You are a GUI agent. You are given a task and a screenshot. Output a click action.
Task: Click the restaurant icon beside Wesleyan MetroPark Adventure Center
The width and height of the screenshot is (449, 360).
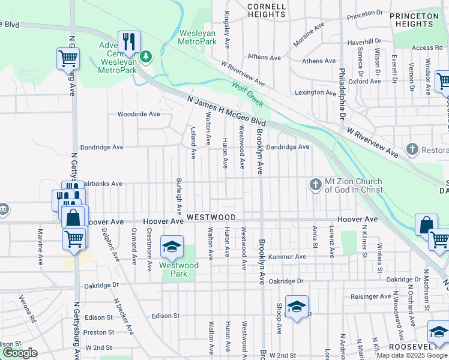(x=129, y=41)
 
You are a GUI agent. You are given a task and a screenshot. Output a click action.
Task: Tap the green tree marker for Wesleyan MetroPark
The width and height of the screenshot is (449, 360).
(x=146, y=56)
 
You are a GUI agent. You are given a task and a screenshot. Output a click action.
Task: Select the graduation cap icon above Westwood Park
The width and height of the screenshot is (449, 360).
(x=171, y=247)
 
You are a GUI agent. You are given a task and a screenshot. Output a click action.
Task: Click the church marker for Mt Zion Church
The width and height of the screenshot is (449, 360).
(x=316, y=184)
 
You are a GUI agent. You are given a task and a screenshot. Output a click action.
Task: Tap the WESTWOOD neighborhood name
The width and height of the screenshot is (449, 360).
(x=211, y=217)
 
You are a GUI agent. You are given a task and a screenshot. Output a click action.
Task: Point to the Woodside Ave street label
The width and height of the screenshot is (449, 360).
(x=139, y=114)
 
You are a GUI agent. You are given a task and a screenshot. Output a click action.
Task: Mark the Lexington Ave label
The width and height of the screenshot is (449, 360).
(x=315, y=93)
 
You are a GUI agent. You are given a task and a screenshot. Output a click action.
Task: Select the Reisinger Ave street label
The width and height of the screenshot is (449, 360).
(x=371, y=296)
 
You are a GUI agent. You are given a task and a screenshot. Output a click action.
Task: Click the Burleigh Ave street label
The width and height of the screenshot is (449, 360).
(x=178, y=196)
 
